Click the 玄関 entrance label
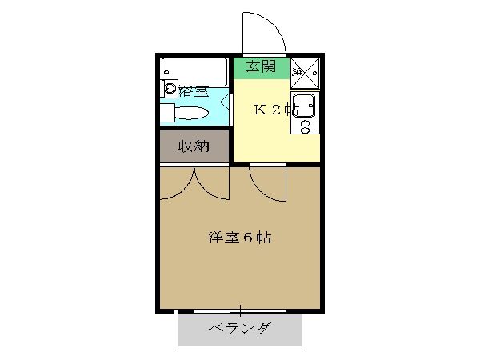click(260, 66)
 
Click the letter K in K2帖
click(260, 110)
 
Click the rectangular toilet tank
click(166, 114)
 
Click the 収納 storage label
click(194, 146)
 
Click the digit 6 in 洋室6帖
click(249, 238)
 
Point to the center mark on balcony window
click(241, 309)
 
